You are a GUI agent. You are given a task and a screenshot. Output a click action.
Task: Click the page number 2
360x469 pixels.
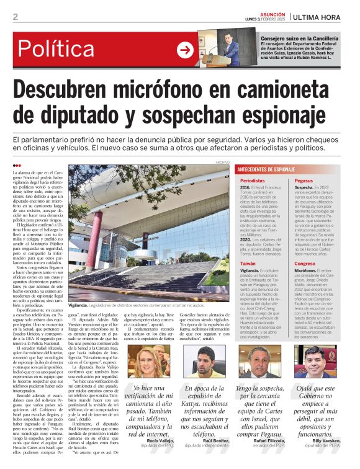(x=15, y=17)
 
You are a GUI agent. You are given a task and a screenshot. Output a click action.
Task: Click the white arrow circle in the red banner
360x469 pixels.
(x=186, y=50)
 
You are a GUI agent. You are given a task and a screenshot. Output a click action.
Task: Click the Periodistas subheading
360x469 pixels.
(x=253, y=181)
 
